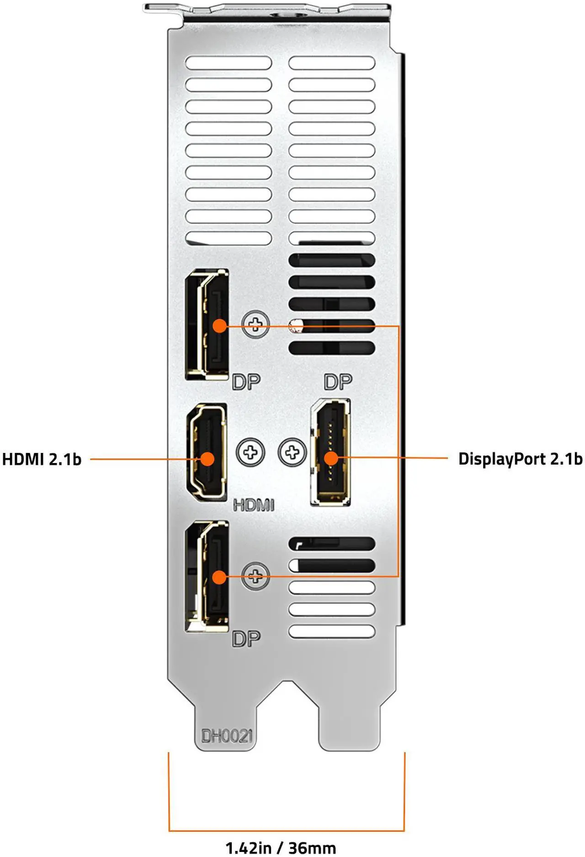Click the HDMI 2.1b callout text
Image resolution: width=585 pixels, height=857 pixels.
pos(42,459)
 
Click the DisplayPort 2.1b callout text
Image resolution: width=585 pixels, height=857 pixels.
pos(520,458)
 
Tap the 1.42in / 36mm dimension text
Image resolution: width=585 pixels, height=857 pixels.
pos(281,847)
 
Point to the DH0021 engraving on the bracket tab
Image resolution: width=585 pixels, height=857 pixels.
pos(227,736)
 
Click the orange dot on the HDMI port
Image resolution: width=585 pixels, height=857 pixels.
pos(207,459)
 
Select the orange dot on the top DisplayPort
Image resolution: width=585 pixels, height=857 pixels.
pos(220,326)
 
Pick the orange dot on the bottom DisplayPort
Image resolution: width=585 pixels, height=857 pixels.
pos(220,577)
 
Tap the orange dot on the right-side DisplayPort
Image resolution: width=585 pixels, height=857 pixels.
pos(330,458)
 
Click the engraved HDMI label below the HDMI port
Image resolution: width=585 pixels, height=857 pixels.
pos(254,505)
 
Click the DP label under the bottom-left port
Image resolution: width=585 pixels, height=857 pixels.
pos(246,639)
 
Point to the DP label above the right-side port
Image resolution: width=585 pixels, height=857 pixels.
pos(338,382)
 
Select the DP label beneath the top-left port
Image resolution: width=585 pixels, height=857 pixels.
pos(246,382)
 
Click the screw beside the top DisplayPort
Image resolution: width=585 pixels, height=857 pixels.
pos(255,324)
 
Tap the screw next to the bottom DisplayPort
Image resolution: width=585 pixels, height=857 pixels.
pos(255,576)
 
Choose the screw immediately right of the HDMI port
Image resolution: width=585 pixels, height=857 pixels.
pos(250,452)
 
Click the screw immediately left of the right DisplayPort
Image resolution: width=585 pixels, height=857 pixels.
pos(292,452)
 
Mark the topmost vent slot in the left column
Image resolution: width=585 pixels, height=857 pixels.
pos(229,63)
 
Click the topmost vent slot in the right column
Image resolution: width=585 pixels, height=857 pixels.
pos(332,63)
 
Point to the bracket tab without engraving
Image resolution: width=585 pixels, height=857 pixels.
pos(350,727)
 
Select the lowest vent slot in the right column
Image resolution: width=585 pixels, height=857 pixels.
pos(332,631)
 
